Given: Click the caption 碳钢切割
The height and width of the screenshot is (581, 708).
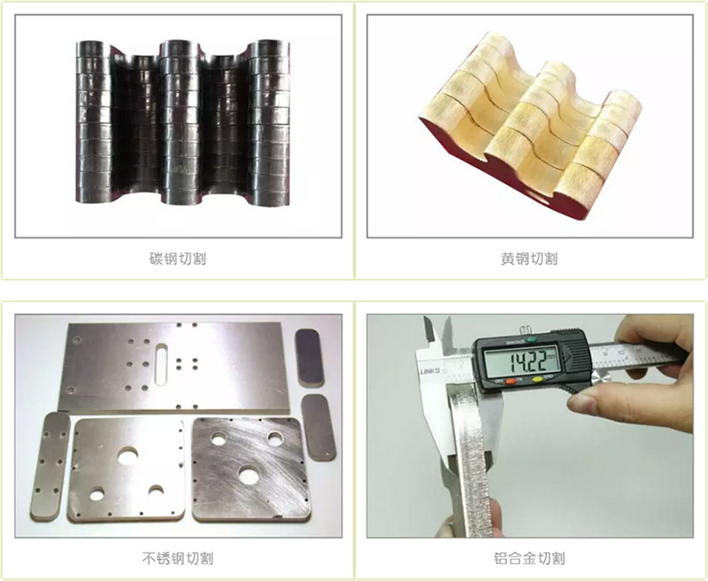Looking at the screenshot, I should [178, 260].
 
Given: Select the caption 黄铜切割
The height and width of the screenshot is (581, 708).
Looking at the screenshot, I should [529, 260].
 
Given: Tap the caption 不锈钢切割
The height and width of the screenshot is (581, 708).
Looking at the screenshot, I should [178, 558].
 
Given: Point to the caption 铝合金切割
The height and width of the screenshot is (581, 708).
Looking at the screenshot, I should [529, 558].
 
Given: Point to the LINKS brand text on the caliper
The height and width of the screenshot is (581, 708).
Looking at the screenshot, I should [429, 367].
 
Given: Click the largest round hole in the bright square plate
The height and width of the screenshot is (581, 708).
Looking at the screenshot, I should [130, 453].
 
